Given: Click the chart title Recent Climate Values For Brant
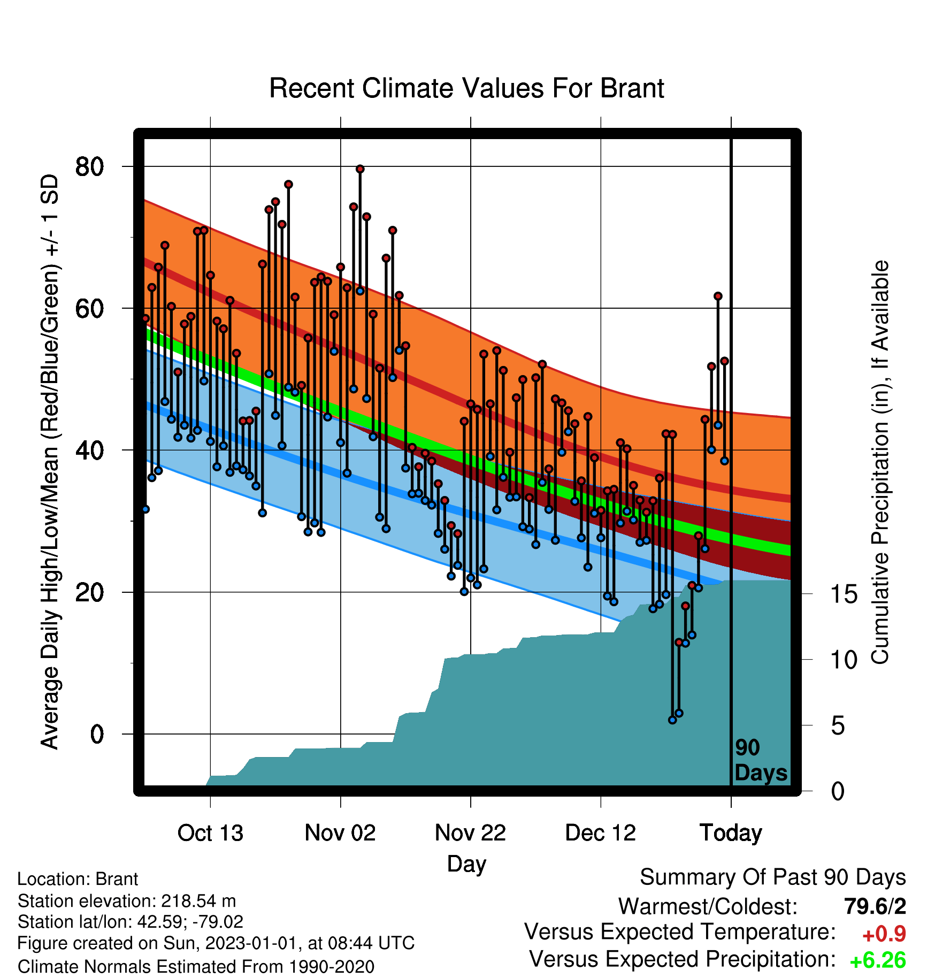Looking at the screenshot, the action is (x=466, y=88).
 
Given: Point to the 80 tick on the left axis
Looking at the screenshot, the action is (x=89, y=166).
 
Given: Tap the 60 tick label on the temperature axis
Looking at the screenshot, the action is (x=89, y=308).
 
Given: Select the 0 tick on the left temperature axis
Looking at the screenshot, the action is (x=97, y=734).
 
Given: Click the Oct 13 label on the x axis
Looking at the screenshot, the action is (x=210, y=832).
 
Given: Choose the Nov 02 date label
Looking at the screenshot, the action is (x=340, y=832).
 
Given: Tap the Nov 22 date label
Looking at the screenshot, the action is (x=470, y=832).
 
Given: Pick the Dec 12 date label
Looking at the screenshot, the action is (x=601, y=832).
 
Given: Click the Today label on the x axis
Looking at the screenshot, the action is (x=731, y=833).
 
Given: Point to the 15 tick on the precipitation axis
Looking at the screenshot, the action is (x=844, y=594).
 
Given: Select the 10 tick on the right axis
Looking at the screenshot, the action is (x=844, y=660).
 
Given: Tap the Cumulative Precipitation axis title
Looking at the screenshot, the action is (x=880, y=462).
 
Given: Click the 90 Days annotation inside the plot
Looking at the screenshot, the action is (x=761, y=760).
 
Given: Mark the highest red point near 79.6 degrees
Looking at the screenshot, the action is (x=360, y=169).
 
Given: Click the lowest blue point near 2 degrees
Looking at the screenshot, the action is (x=672, y=720).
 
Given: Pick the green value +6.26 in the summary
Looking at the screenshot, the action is (x=878, y=960).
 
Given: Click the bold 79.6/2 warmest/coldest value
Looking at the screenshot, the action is (x=875, y=906).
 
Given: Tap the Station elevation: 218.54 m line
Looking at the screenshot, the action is (x=127, y=901).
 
